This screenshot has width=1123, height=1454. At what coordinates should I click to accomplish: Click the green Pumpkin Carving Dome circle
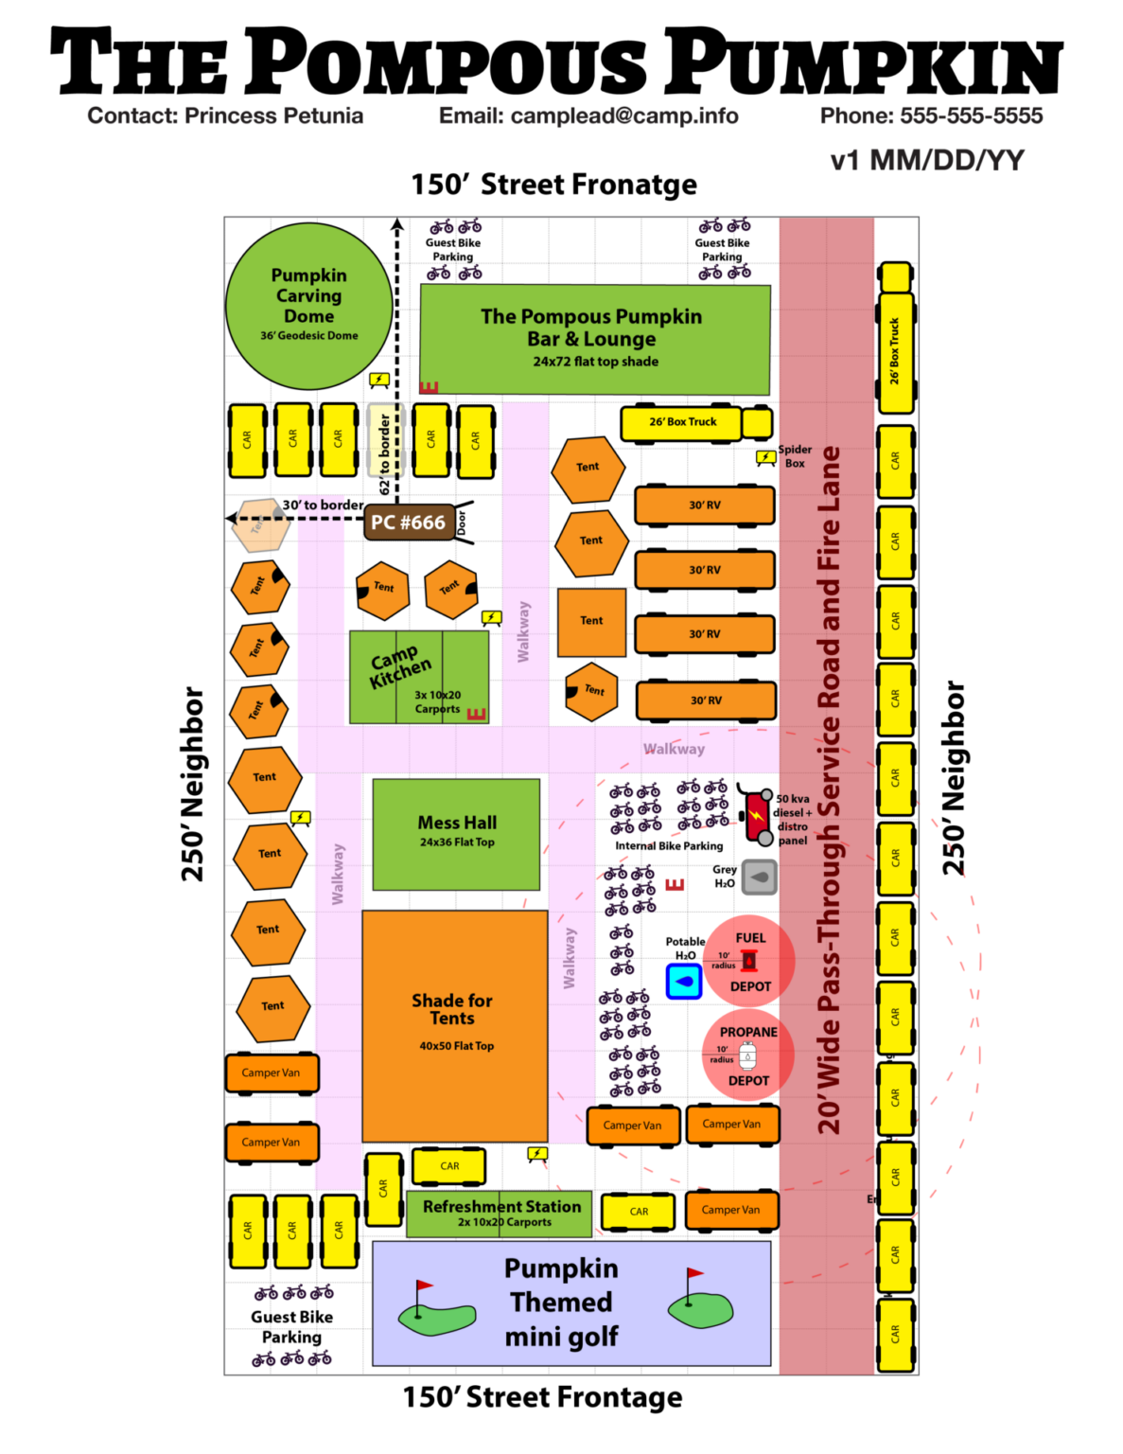point(308,305)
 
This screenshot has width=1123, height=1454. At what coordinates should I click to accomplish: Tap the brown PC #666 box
point(408,523)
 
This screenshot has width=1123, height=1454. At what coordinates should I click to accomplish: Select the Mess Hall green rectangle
point(456,833)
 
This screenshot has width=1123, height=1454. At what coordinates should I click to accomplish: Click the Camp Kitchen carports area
point(418,677)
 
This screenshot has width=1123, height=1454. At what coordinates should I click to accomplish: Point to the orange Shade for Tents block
point(454,1026)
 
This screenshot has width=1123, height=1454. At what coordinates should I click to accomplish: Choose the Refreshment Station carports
point(500,1214)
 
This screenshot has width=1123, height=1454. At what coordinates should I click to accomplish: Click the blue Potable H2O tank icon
point(683,982)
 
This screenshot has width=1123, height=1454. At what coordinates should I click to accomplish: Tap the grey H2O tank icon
point(759,877)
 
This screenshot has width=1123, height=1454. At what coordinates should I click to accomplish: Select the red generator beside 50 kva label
point(757,815)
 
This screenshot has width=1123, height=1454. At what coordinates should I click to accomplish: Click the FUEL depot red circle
point(750,961)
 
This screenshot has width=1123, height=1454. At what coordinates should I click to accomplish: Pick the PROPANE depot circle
point(747,1055)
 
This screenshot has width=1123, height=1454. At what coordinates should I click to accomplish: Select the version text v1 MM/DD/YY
point(926,160)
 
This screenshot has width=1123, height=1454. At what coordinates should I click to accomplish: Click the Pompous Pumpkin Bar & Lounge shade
point(594,338)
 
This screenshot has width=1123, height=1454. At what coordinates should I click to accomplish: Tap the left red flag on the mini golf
point(423,1286)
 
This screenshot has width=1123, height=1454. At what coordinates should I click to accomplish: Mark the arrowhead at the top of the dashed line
point(397,225)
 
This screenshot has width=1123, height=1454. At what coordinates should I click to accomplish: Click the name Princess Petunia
point(273,115)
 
